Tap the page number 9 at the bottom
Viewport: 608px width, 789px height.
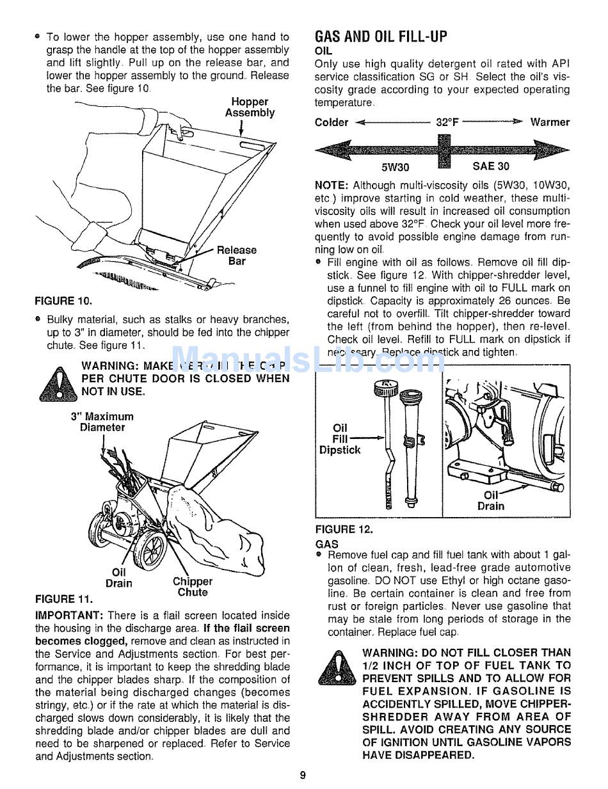[x=303, y=776]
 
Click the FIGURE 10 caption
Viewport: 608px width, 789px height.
[x=63, y=299]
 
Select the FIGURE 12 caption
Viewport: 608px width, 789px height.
[x=344, y=529]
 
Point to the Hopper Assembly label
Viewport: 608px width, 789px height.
[x=250, y=108]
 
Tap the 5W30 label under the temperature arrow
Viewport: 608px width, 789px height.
[x=395, y=167]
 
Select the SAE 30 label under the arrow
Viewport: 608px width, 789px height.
[x=491, y=166]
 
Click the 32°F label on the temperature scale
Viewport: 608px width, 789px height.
[x=448, y=122]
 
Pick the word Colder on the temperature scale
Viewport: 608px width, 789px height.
[x=332, y=122]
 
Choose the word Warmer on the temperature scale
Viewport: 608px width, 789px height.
[x=549, y=122]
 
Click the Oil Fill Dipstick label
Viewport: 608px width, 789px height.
[x=340, y=439]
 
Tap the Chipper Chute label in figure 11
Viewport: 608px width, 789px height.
[x=193, y=587]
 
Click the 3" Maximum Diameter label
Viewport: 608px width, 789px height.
[x=102, y=422]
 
